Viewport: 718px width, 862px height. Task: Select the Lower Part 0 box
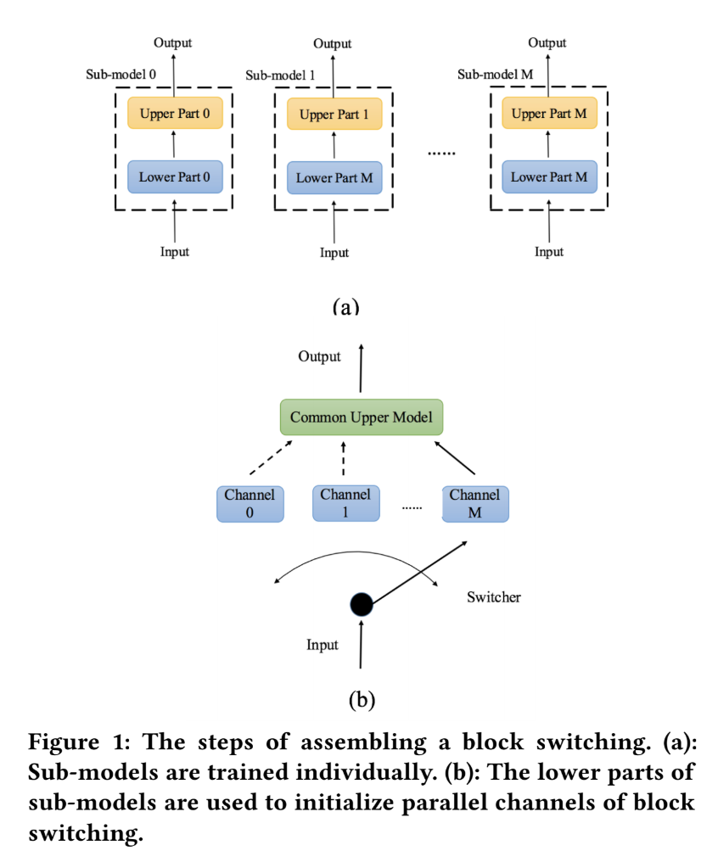coord(174,177)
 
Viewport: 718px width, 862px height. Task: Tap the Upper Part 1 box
coord(334,115)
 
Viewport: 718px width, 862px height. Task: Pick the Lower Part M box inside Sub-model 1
coord(334,178)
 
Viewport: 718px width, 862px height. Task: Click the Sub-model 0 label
coord(121,74)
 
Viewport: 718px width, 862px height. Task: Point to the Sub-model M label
coord(496,74)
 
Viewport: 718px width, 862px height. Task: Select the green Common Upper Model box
coord(361,417)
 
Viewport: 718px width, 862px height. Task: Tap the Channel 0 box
coord(250,503)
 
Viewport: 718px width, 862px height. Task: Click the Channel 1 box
coord(345,502)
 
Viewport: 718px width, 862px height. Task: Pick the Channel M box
coord(474,503)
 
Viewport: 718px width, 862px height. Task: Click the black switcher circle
coord(362,604)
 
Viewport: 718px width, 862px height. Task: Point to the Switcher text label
coord(493,597)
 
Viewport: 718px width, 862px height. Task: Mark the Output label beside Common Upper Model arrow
coord(319,356)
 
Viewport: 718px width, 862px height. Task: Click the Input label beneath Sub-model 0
coord(174,251)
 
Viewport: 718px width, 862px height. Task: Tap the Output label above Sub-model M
coord(548,42)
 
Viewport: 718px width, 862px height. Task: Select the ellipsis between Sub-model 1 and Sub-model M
coord(440,153)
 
